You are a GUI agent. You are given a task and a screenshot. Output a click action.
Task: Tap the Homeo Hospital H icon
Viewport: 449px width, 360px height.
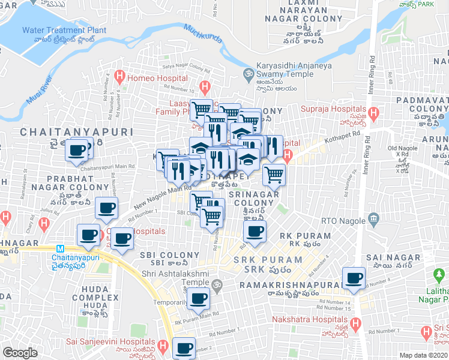(x=119, y=77)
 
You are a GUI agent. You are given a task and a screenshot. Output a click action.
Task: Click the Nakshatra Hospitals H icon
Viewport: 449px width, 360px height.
(x=355, y=325)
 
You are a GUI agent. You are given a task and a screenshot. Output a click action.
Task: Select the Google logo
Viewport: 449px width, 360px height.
(x=20, y=353)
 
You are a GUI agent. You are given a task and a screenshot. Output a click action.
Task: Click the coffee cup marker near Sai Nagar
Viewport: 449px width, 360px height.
(x=354, y=278)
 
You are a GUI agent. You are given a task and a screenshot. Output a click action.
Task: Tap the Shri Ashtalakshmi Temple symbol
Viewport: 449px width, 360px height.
(x=217, y=285)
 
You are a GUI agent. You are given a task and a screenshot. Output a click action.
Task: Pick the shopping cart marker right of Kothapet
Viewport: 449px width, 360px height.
(x=274, y=175)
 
